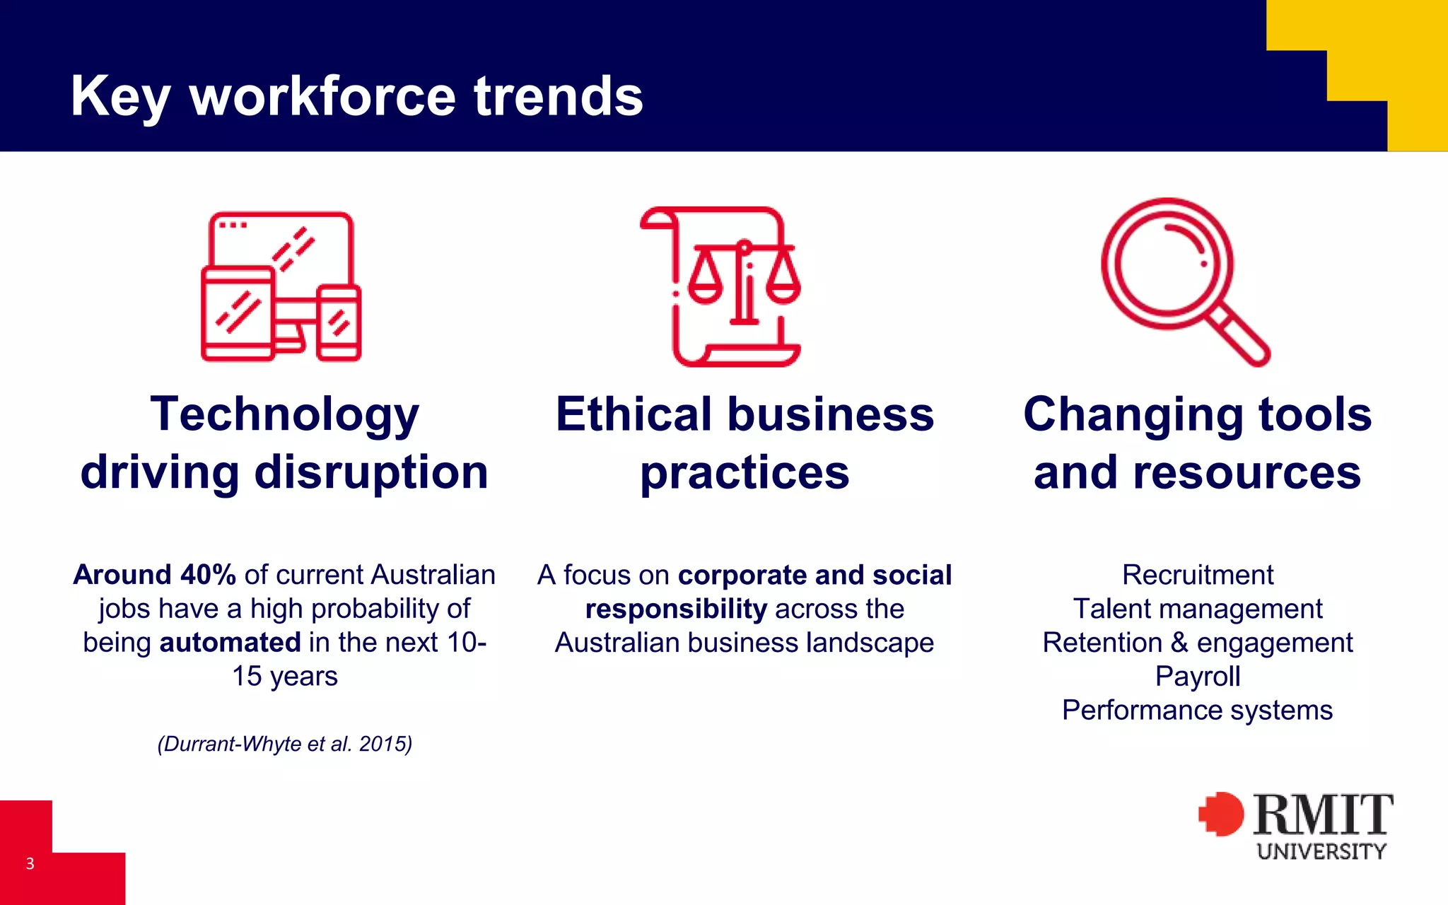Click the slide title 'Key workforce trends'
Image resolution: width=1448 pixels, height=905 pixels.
(x=357, y=96)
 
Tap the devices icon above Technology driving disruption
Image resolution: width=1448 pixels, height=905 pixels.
(x=281, y=286)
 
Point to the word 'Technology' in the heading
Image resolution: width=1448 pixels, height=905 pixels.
(x=285, y=414)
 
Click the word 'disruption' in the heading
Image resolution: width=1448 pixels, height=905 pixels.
(x=371, y=472)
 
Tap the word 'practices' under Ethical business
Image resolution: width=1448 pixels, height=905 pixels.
(x=745, y=472)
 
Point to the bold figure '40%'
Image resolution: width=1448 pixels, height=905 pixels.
(x=208, y=575)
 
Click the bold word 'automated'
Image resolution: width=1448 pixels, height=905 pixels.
(x=230, y=643)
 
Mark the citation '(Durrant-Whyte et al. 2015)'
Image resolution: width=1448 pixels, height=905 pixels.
(x=285, y=744)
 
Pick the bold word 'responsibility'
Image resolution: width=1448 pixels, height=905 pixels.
(x=676, y=609)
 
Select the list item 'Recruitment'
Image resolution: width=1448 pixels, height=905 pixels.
(x=1198, y=575)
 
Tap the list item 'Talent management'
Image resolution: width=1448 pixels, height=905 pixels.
(x=1198, y=609)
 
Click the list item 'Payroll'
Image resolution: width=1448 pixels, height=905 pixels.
(x=1198, y=677)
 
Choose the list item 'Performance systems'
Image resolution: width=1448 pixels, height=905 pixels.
(x=1198, y=711)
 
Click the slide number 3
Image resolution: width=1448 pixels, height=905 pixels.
(x=30, y=863)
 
